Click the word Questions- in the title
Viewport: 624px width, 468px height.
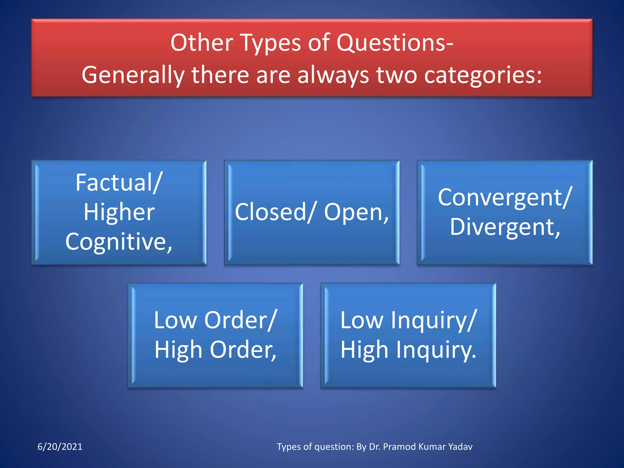pos(395,43)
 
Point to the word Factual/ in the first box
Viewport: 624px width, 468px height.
pos(119,183)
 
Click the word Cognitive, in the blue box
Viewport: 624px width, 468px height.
pos(119,242)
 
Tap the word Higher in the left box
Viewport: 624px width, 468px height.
pos(119,212)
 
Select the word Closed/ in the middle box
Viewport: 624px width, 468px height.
pos(275,212)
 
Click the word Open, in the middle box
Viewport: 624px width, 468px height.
pos(356,212)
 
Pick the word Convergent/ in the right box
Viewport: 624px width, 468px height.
pos(505,197)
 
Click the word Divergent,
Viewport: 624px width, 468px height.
pos(505,227)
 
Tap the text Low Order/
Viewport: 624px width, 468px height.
pos(215,320)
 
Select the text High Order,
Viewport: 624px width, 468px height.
pos(215,350)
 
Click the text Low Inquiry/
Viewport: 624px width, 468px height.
pos(408,320)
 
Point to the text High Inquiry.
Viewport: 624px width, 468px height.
pos(408,350)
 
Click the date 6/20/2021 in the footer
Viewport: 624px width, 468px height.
pos(60,447)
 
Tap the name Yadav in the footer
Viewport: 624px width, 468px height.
pos(460,447)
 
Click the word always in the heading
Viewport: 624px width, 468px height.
pos(333,76)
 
